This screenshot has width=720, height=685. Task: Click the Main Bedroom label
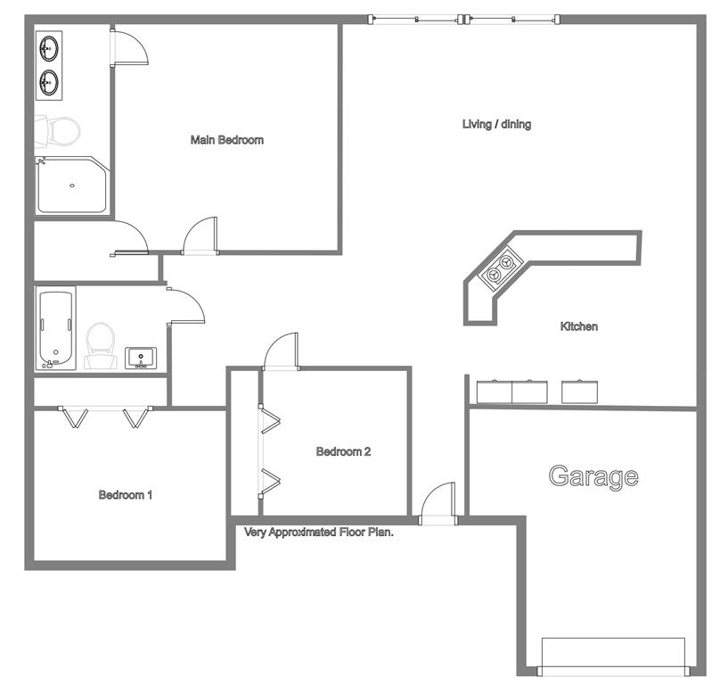[x=227, y=140]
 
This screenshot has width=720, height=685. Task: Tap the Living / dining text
[x=496, y=124]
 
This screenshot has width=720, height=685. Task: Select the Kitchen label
[x=579, y=326]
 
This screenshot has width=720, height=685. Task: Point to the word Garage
[x=593, y=477]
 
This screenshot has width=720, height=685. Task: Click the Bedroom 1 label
[x=125, y=495]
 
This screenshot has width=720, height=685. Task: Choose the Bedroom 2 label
[x=343, y=451]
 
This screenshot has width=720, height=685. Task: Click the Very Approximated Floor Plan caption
[x=319, y=532]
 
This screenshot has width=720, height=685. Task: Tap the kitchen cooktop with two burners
[x=501, y=268]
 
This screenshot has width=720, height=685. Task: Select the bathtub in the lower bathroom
[x=56, y=328]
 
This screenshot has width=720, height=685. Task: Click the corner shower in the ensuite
[x=71, y=186]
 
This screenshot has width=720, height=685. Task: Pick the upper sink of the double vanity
[x=49, y=48]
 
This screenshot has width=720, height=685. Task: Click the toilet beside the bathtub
[x=101, y=346]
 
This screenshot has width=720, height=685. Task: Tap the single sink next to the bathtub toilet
[x=141, y=359]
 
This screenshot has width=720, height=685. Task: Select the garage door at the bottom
[x=613, y=657]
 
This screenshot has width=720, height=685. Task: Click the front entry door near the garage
[x=438, y=504]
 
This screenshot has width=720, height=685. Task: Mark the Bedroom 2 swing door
[x=281, y=351]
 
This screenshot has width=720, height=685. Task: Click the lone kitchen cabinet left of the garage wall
[x=579, y=392]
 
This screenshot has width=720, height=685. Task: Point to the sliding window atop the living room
[x=463, y=20]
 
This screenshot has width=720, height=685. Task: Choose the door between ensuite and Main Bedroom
[x=129, y=47]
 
